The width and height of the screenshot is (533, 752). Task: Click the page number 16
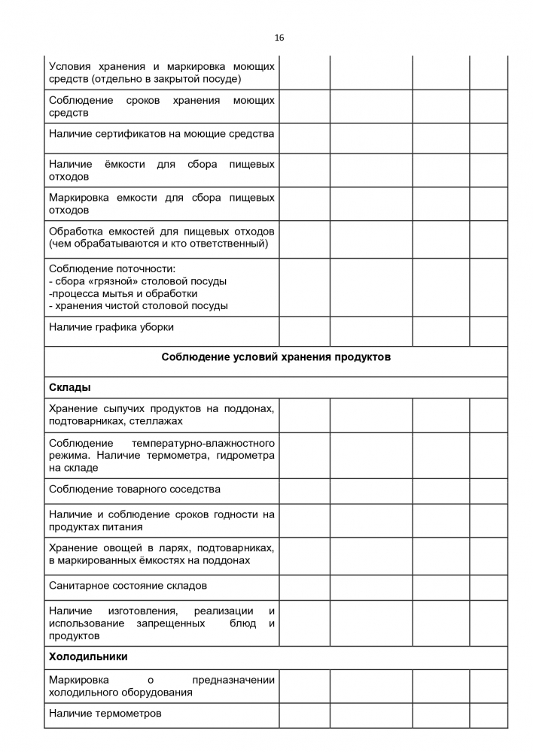(279, 38)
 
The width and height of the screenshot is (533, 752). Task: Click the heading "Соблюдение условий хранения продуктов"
(276, 357)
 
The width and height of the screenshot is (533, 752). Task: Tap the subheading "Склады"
(70, 387)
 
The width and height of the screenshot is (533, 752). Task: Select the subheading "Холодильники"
(88, 656)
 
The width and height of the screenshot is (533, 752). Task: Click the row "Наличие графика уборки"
(111, 327)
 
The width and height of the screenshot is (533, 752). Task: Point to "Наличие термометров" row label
(105, 713)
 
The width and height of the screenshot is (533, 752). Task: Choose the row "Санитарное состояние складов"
(128, 585)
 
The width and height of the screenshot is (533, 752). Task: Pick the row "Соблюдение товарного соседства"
(135, 489)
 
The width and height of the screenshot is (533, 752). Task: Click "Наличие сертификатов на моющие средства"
(161, 133)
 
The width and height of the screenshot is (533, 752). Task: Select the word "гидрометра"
(245, 455)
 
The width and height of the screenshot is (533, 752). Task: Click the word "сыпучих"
(123, 408)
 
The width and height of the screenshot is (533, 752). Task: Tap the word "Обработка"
(74, 231)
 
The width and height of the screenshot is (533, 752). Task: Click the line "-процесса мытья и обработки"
(123, 293)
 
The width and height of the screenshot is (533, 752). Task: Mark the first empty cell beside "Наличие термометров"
(304, 713)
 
